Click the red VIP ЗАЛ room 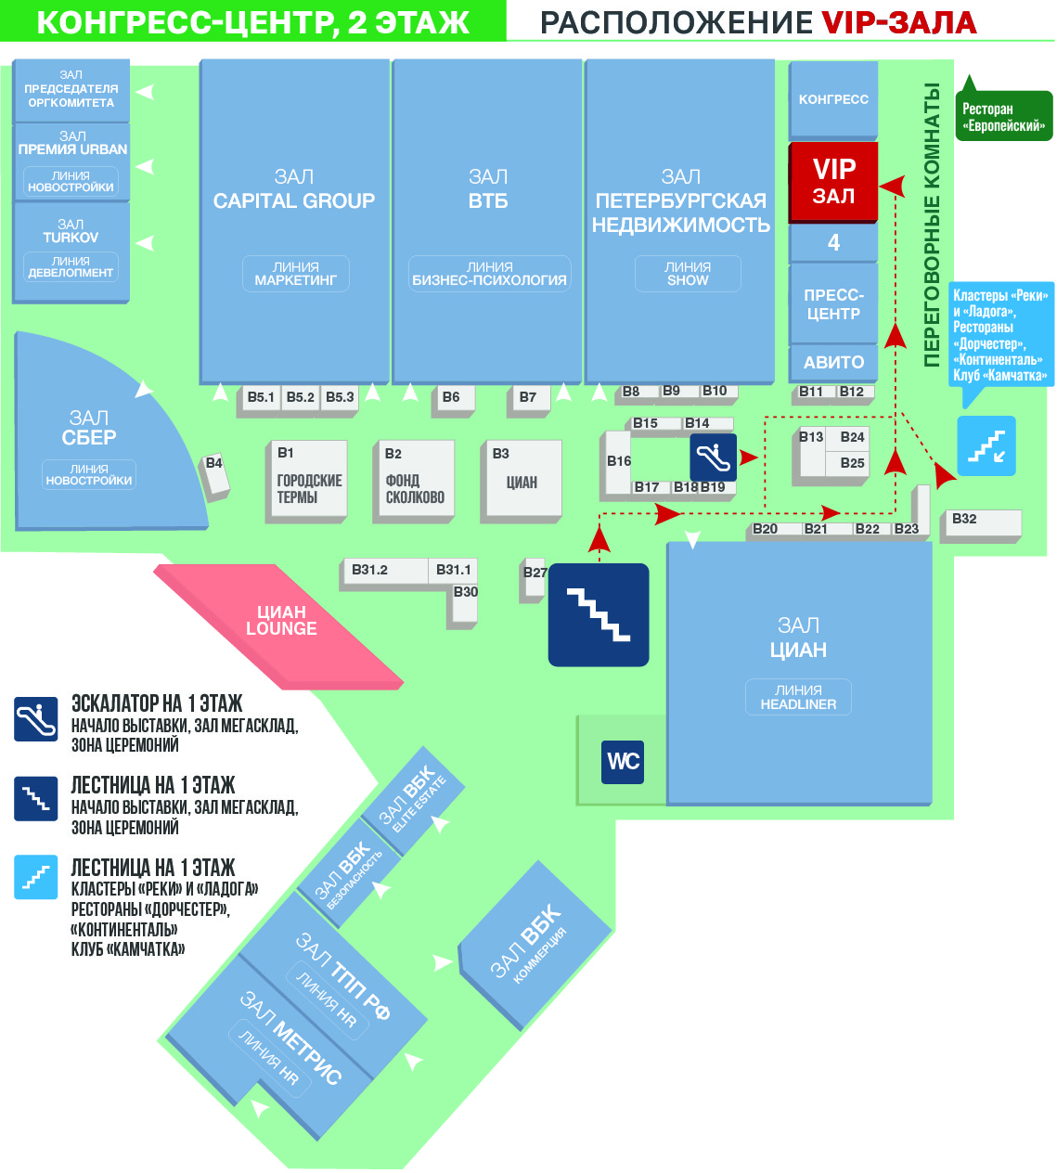(832, 182)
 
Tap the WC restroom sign (623, 762)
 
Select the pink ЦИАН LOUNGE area (280, 621)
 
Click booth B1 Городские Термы (307, 479)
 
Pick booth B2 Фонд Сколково (415, 480)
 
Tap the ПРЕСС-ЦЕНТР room (832, 304)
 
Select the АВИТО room (832, 362)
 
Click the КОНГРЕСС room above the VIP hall (832, 99)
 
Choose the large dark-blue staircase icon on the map (599, 614)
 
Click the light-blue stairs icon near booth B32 (986, 446)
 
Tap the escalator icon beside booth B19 (713, 457)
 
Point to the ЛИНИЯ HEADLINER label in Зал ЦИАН (798, 697)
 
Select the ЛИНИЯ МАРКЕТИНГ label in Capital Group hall (295, 274)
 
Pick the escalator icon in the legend (36, 719)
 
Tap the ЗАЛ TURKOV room (71, 232)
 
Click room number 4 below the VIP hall (832, 243)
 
